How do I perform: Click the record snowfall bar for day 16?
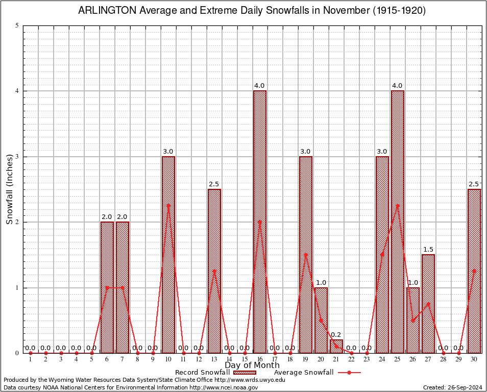pyautogui.click(x=260, y=222)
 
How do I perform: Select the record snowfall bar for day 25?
pyautogui.click(x=398, y=222)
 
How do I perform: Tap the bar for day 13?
pyautogui.click(x=214, y=271)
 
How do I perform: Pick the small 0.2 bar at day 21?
pyautogui.click(x=336, y=347)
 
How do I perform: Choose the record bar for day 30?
pyautogui.click(x=474, y=271)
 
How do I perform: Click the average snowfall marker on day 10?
pyautogui.click(x=168, y=206)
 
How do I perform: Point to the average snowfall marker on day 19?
pyautogui.click(x=306, y=255)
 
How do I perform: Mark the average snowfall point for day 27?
pyautogui.click(x=428, y=304)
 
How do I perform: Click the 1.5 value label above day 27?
pyautogui.click(x=428, y=250)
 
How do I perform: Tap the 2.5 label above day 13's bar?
pyautogui.click(x=214, y=184)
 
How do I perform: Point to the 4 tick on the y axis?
pyautogui.click(x=17, y=91)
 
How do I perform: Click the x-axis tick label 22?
pyautogui.click(x=352, y=359)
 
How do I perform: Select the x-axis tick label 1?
pyautogui.click(x=31, y=359)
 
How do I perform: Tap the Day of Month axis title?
pyautogui.click(x=252, y=365)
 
